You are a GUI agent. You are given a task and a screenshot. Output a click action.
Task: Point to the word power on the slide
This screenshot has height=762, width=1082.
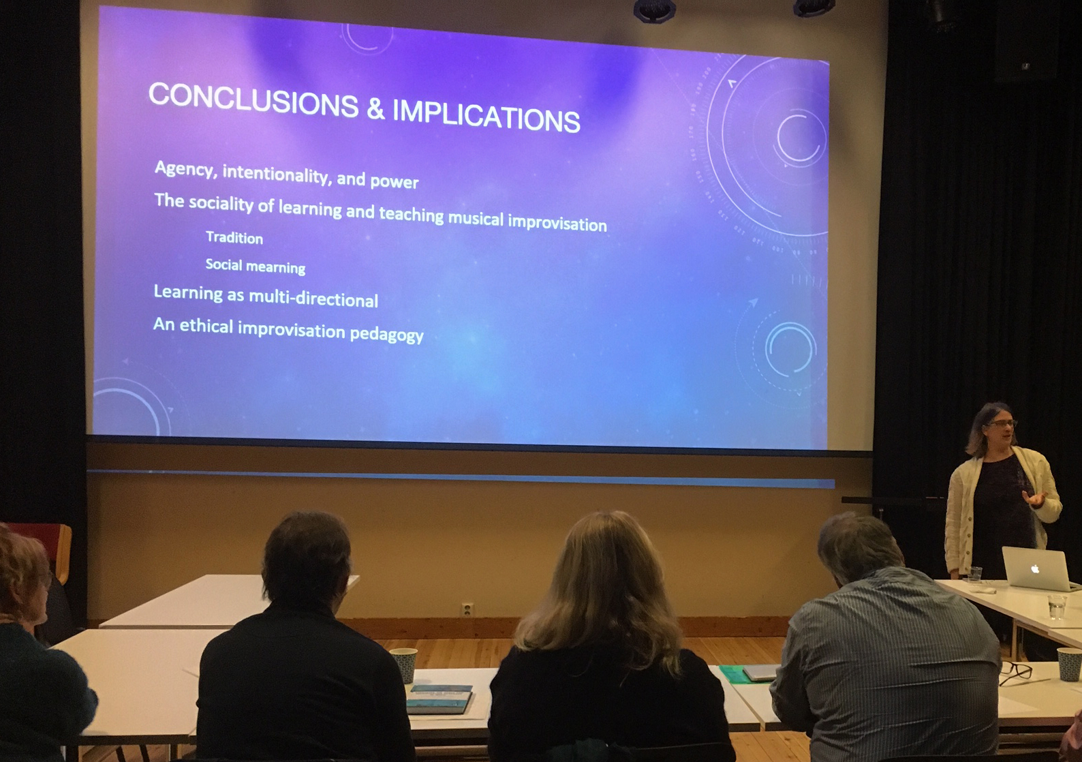[394, 182]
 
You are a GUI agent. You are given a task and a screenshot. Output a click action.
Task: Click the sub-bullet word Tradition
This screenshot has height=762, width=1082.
[234, 238]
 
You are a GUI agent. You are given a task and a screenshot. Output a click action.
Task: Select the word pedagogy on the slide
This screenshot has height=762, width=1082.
[386, 335]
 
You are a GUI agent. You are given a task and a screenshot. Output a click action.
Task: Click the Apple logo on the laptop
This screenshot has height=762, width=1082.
[1035, 569]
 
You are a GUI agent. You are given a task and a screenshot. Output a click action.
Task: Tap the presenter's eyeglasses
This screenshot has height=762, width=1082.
[1002, 424]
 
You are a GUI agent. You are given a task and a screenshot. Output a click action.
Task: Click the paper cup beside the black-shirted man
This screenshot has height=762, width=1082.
[403, 666]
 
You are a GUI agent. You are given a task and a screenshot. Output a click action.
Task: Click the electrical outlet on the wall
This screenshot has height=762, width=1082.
[467, 610]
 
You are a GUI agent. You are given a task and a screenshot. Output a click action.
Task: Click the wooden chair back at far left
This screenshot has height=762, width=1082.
[50, 551]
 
